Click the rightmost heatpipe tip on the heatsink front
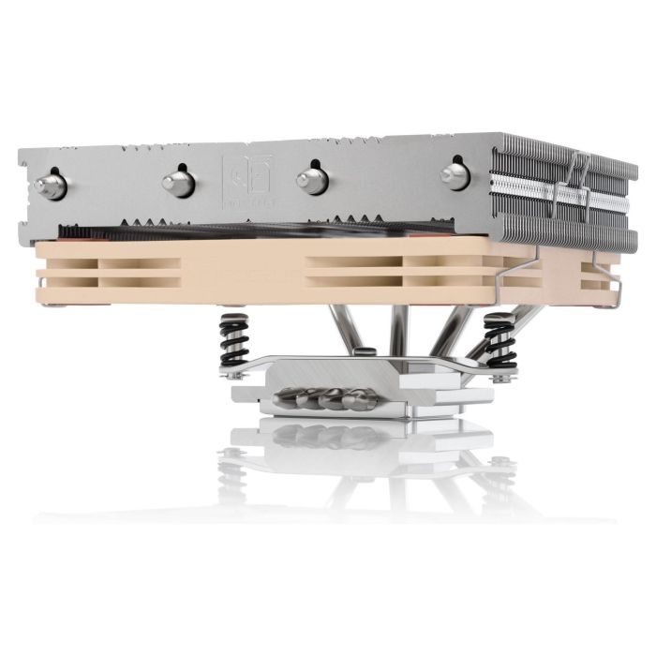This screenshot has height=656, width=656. (x=455, y=174)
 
